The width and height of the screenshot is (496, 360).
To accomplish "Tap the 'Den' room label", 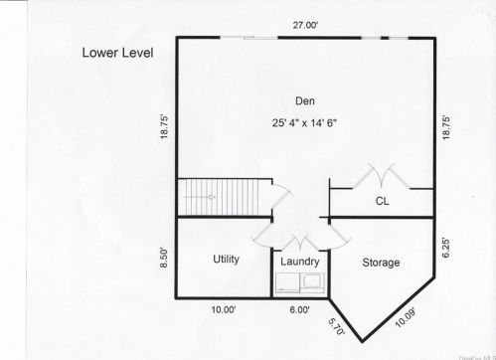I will coord(305,100).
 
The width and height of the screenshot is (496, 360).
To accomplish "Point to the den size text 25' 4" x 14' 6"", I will coord(305,123).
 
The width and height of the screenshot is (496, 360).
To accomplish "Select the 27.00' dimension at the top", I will coord(304,26).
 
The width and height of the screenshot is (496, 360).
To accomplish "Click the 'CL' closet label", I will coord(382,202).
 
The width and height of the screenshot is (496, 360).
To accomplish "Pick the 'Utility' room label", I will coord(226,259).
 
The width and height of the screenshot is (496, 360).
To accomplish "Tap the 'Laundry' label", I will coord(299,262).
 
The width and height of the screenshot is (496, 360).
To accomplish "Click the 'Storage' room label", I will coord(381,263).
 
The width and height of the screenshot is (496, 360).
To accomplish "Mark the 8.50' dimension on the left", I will coord(164,259).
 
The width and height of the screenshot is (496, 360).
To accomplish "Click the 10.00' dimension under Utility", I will coord(223,309).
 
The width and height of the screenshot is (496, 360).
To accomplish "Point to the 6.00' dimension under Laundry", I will coord(299,309).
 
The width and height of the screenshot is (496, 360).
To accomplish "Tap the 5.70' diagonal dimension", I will coord(336,324).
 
